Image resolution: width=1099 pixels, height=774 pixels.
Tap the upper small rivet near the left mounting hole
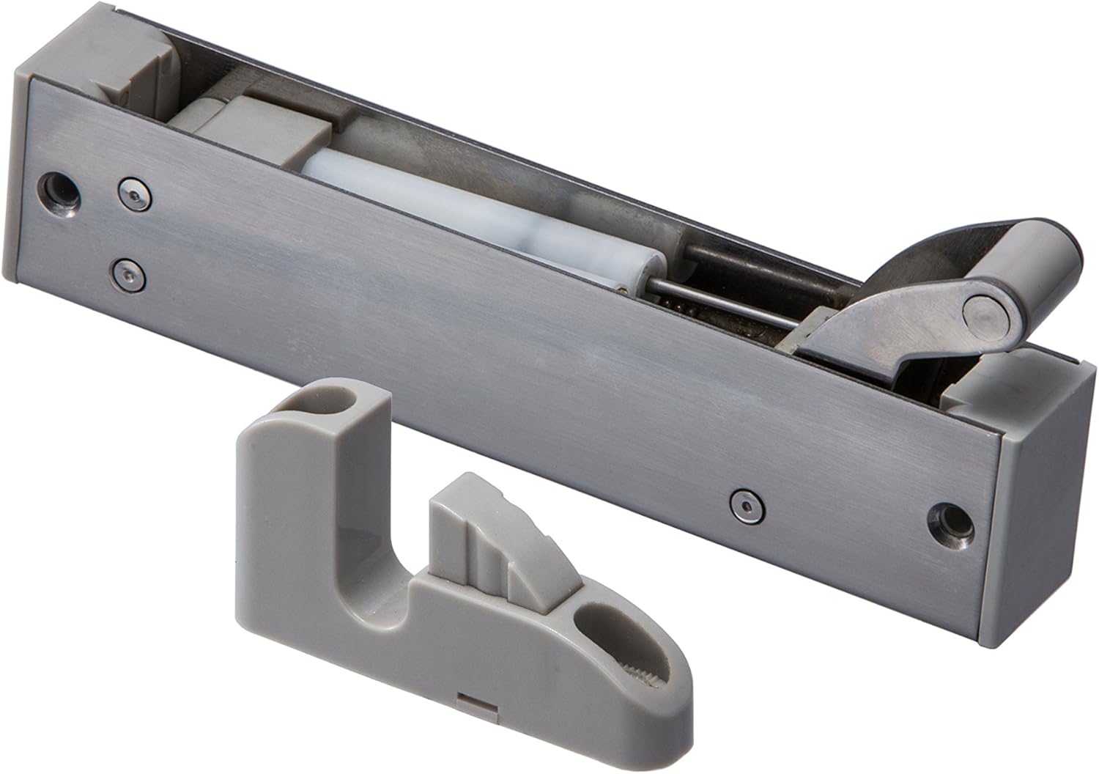133,192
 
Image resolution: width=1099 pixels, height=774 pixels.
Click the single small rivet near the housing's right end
745,503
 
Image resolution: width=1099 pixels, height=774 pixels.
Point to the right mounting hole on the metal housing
950,521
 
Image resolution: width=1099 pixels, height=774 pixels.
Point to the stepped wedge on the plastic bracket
484,535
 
